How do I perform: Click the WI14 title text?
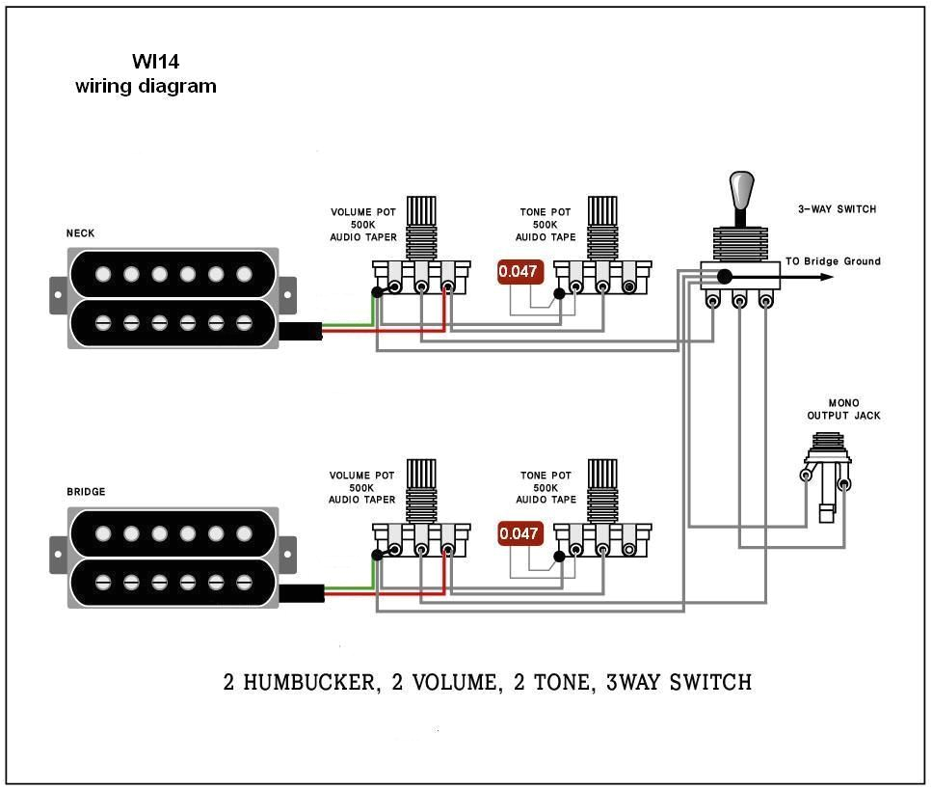point(155,62)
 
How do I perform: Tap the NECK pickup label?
point(80,233)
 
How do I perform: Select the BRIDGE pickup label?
point(86,492)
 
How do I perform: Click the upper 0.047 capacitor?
point(519,272)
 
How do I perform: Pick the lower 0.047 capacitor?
point(519,534)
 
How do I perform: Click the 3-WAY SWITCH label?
point(837,209)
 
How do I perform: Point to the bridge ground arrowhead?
point(826,277)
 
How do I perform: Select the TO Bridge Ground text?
point(833,261)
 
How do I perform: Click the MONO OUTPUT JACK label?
point(843,410)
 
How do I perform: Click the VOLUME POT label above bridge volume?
point(361,477)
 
